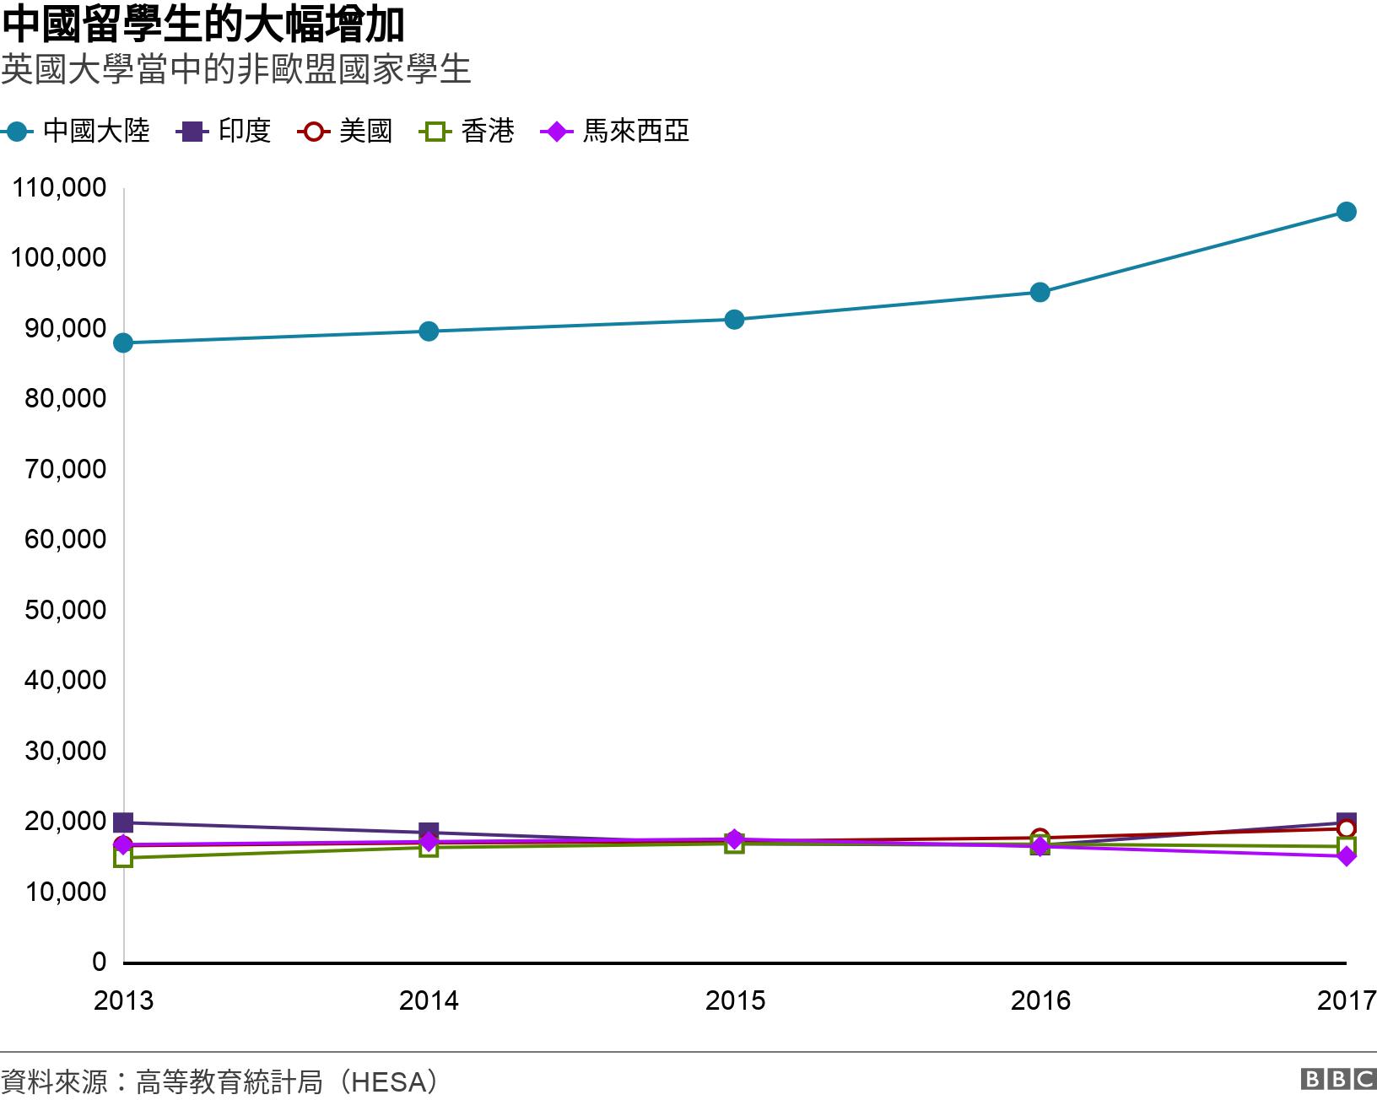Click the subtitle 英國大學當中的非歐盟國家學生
coord(235,69)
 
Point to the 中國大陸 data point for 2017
coord(1346,212)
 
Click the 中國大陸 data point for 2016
coord(1040,293)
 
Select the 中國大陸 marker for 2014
coord(429,331)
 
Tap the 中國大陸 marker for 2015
coord(734,320)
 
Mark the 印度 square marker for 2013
coord(123,822)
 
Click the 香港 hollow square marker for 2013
coord(123,859)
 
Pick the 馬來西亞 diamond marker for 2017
coord(1346,856)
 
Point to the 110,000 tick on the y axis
coord(59,187)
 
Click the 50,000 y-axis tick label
coord(65,610)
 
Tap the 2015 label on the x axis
coord(734,1000)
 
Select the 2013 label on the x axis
coord(123,1000)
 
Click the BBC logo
coord(1338,1079)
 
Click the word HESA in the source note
coord(388,1081)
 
